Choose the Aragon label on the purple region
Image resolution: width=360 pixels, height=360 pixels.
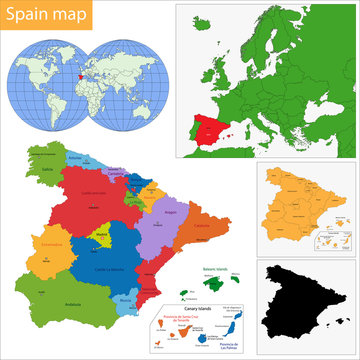pos(169,213)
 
